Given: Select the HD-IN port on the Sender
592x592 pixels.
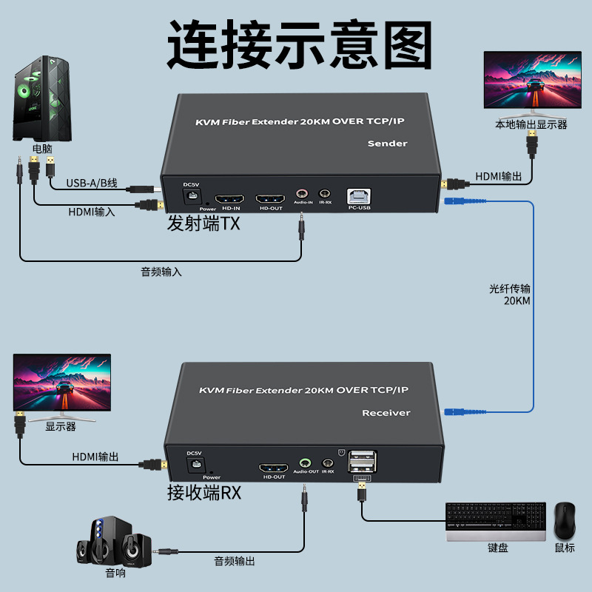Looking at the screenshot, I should (230, 199).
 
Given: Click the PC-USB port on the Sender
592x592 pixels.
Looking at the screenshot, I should (359, 198).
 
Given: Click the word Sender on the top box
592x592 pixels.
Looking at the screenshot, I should (387, 143).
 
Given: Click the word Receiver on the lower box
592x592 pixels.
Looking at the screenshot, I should (386, 412).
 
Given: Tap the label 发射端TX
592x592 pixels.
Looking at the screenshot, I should (203, 223).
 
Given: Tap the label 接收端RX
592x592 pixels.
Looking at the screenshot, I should (203, 492).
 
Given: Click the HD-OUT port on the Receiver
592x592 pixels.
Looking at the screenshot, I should (273, 468).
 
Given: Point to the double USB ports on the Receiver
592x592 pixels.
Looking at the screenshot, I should (363, 463).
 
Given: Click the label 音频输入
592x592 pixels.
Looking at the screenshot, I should (161, 272).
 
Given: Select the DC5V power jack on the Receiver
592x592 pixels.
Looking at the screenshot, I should (195, 465).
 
